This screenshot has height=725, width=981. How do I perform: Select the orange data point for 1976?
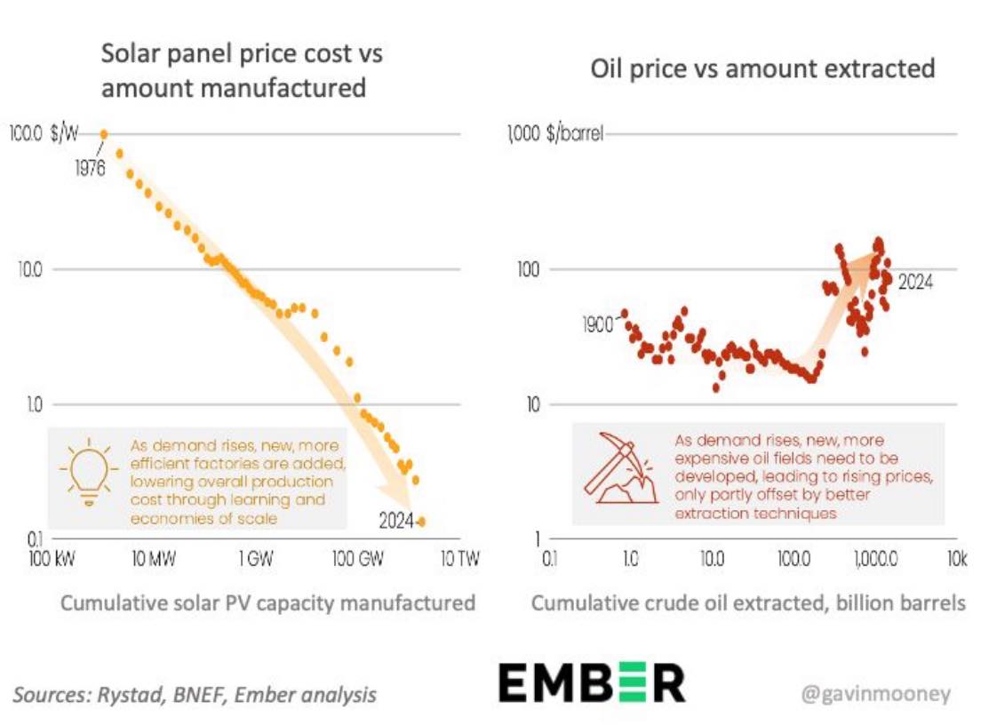pos(104,134)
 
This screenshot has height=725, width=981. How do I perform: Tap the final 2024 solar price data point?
pos(421,522)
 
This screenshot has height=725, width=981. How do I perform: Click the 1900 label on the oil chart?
pos(598,324)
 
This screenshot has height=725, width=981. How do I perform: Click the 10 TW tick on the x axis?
pos(459,560)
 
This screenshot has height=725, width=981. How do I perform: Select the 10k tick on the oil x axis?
pos(956,560)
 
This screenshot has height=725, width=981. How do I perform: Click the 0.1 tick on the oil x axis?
pos(550,560)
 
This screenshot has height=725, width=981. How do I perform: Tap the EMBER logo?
pos(592,683)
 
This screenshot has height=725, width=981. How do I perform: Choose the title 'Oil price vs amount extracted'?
pos(763,68)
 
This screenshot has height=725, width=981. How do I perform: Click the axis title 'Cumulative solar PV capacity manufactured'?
pos(267,603)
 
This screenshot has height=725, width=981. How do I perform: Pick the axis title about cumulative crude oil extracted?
pos(748,603)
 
